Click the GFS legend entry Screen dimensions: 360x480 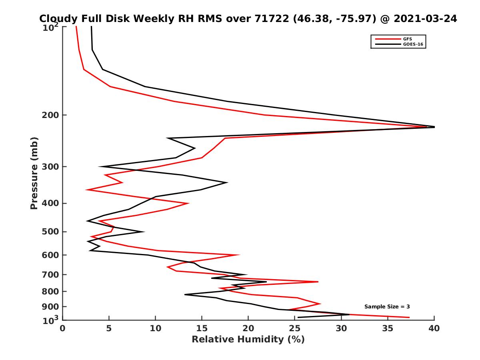pyautogui.click(x=407, y=39)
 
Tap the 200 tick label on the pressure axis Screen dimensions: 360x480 pyautogui.click(x=51, y=116)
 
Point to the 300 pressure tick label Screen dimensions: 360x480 pyautogui.click(x=51, y=167)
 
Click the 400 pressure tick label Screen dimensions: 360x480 pyautogui.click(x=51, y=203)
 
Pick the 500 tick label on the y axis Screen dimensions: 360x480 pyautogui.click(x=51, y=232)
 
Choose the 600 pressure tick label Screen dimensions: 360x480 pyautogui.click(x=51, y=255)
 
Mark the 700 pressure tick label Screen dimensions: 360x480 pyautogui.click(x=51, y=275)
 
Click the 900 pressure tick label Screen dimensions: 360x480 pyautogui.click(x=51, y=307)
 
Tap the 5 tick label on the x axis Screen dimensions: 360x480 pyautogui.click(x=109, y=328)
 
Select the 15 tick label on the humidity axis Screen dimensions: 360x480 pyautogui.click(x=202, y=328)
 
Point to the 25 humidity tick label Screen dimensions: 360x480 pyautogui.click(x=295, y=328)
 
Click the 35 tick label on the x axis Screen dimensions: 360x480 pyautogui.click(x=388, y=328)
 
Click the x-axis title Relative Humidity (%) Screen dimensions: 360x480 pyautogui.click(x=248, y=340)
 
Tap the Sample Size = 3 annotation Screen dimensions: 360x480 pyautogui.click(x=387, y=307)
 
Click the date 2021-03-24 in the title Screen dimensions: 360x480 pyautogui.click(x=425, y=19)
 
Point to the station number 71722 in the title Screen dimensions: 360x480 pyautogui.click(x=272, y=19)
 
